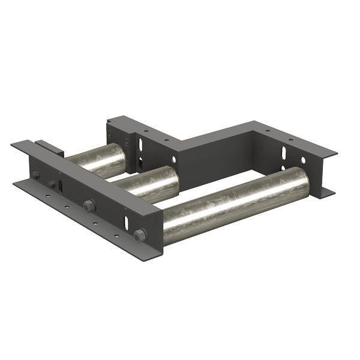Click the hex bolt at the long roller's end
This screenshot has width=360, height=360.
[x=140, y=235]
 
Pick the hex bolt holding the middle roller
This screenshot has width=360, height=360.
[x=89, y=205]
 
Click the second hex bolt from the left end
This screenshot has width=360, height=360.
[x=52, y=184]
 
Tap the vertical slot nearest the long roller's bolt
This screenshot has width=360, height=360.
[x=128, y=221]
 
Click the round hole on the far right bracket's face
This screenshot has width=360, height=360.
[x=303, y=160]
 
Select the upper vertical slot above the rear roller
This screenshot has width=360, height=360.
[x=141, y=145]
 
